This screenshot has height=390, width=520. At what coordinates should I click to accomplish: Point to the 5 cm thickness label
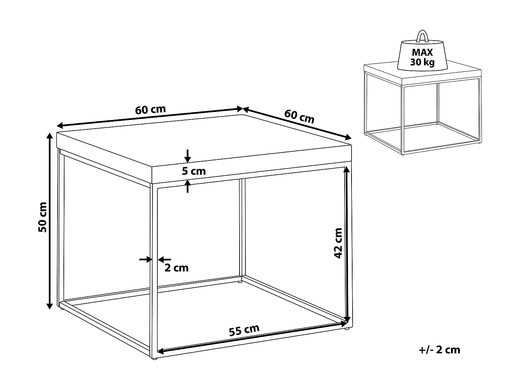coord(194,171)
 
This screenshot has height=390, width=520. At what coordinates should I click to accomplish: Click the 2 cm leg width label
coord(176,268)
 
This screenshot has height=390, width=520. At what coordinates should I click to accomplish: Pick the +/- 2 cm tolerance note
coord(439,350)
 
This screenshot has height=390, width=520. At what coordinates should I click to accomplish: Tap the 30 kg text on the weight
coord(422,62)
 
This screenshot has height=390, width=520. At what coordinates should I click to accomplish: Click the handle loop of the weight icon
coord(422,36)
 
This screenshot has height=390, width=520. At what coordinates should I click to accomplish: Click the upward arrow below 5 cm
coord(188,186)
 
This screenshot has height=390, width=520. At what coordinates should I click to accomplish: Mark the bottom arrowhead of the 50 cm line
coord(50,305)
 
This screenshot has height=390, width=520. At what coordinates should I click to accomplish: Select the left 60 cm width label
coord(150,110)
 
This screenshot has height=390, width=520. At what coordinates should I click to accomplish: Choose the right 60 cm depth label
coord(299,116)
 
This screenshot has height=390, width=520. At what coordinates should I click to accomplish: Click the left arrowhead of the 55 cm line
coord(161,351)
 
